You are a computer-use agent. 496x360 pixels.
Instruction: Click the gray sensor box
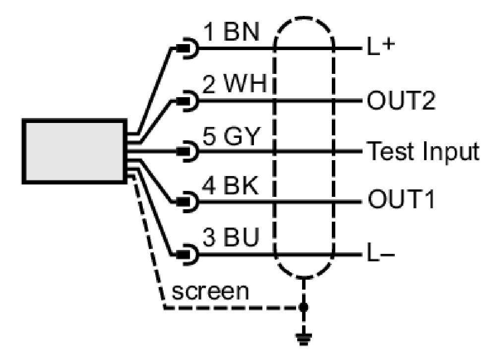pyautogui.click(x=75, y=151)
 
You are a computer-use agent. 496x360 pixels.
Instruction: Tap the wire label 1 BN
pyautogui.click(x=231, y=32)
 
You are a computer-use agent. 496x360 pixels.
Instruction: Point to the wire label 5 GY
pyautogui.click(x=231, y=136)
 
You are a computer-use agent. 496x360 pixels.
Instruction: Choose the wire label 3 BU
pyautogui.click(x=231, y=237)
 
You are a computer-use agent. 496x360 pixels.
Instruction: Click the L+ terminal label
pyautogui.click(x=381, y=47)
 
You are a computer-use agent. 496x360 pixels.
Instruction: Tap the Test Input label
pyautogui.click(x=423, y=152)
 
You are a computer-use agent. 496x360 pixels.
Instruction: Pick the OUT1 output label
pyautogui.click(x=401, y=199)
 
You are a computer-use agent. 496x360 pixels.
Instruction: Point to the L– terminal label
pyautogui.click(x=381, y=252)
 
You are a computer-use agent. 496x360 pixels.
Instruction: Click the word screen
pyautogui.click(x=210, y=292)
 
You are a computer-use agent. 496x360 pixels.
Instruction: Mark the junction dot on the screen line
pyautogui.click(x=304, y=307)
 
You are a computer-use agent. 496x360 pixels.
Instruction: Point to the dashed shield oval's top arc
pyautogui.click(x=304, y=18)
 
